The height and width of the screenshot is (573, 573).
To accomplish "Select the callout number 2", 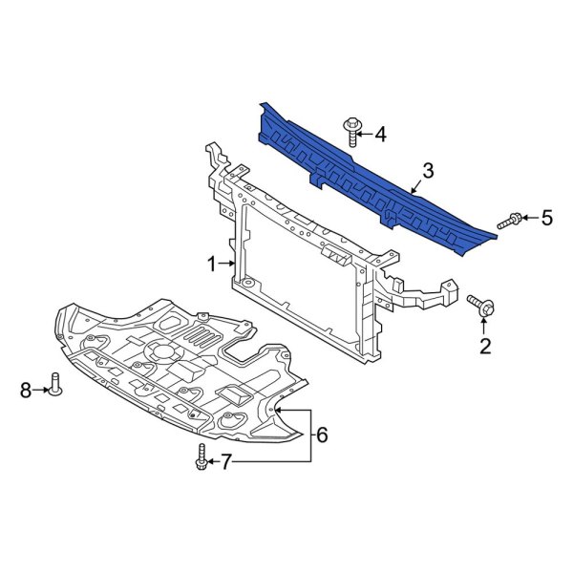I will pyautogui.click(x=484, y=346).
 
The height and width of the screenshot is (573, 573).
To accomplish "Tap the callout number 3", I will pyautogui.click(x=427, y=171).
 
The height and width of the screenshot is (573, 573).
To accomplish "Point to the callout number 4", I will pyautogui.click(x=380, y=135).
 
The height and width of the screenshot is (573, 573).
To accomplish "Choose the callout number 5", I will pyautogui.click(x=546, y=219).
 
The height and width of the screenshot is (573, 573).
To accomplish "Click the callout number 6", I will pyautogui.click(x=322, y=435).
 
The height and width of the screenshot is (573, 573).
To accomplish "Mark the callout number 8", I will pyautogui.click(x=26, y=388).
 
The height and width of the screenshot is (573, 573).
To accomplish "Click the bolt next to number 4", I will pyautogui.click(x=351, y=129).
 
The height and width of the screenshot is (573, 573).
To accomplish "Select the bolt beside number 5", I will pyautogui.click(x=511, y=221).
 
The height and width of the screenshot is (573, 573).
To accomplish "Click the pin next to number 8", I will pyautogui.click(x=55, y=384).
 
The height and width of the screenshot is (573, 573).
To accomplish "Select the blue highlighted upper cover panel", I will pyautogui.click(x=372, y=177).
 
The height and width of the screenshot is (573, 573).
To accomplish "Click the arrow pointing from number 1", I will pyautogui.click(x=228, y=264).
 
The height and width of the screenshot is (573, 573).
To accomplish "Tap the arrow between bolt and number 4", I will pyautogui.click(x=366, y=135).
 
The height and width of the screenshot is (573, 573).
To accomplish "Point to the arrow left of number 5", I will pyautogui.click(x=529, y=220).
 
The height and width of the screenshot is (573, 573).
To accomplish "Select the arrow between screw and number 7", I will pyautogui.click(x=213, y=462).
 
